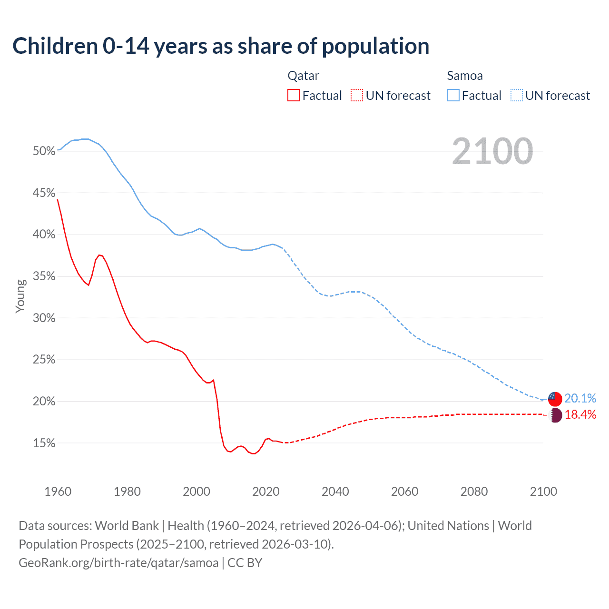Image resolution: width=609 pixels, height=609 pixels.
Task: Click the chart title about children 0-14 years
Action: pyautogui.click(x=221, y=46)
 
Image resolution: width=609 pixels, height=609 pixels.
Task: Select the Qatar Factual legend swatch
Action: pyautogui.click(x=294, y=96)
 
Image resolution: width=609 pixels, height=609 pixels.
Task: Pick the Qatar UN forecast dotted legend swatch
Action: pyautogui.click(x=357, y=96)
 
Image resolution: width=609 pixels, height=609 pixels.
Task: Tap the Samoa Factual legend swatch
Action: pyautogui.click(x=453, y=96)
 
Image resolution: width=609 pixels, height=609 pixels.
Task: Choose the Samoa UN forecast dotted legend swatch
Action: pyautogui.click(x=517, y=96)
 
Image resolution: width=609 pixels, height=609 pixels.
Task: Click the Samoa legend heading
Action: pyautogui.click(x=465, y=76)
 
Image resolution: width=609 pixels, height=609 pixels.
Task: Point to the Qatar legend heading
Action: pyautogui.click(x=304, y=76)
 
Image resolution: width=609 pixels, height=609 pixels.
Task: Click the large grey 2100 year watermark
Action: pyautogui.click(x=492, y=151)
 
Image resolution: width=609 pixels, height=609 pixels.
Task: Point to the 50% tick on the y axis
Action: pyautogui.click(x=44, y=151)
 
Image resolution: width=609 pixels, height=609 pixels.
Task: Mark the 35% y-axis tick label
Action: pyautogui.click(x=44, y=276)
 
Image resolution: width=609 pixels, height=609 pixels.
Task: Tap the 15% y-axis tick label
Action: pyautogui.click(x=44, y=443)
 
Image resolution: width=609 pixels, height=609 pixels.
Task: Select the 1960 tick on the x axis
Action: pyautogui.click(x=58, y=491)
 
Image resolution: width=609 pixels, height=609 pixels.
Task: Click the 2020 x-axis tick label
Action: pyautogui.click(x=266, y=491)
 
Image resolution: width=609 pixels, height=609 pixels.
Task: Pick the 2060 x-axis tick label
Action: pyautogui.click(x=405, y=491)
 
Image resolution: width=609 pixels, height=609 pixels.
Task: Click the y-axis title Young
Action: pyautogui.click(x=20, y=296)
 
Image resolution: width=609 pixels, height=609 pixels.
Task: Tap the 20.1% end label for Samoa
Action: pyautogui.click(x=580, y=398)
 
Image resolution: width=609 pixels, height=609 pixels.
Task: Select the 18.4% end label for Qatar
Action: pyautogui.click(x=580, y=414)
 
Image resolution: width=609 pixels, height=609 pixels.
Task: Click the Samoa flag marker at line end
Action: pyautogui.click(x=555, y=399)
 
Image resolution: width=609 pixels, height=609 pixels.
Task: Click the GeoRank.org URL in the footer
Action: pyautogui.click(x=118, y=563)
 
